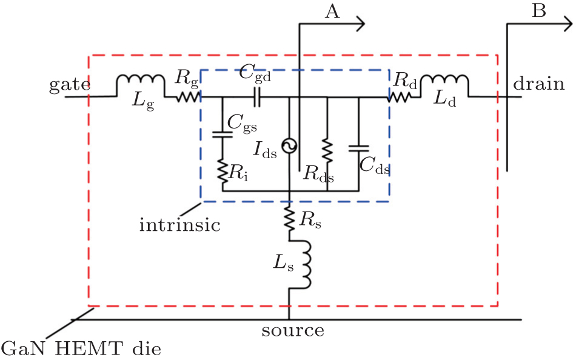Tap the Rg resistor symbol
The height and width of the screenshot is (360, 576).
coord(187,96)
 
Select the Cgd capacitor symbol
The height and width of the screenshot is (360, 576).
coord(256,96)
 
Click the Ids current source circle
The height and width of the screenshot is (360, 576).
coord(289,145)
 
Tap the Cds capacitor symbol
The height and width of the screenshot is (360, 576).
coord(358,147)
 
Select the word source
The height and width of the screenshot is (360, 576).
coord(293,332)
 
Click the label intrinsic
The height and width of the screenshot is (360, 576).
coord(179,226)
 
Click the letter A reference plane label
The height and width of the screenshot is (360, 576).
coord(332,13)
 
